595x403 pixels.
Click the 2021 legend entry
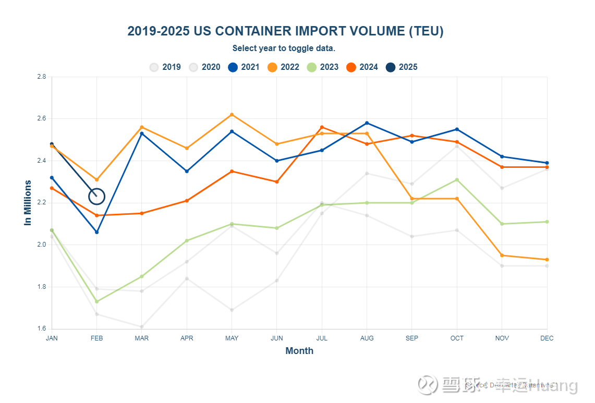click(244, 67)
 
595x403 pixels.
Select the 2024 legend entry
click(361, 67)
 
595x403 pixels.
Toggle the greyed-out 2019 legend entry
click(165, 67)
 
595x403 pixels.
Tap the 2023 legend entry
click(322, 67)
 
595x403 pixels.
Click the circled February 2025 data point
click(96, 197)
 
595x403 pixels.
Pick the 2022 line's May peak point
click(232, 115)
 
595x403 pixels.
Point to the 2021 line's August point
click(367, 123)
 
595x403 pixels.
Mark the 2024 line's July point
click(322, 127)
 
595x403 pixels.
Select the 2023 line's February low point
click(96, 301)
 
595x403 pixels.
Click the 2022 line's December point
click(547, 260)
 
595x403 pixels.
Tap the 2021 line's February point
click(96, 232)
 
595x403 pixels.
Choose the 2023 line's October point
click(457, 180)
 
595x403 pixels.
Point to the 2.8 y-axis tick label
click(42, 77)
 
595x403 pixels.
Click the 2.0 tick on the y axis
click(42, 245)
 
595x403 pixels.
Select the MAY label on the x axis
click(232, 338)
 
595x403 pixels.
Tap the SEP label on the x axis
click(412, 338)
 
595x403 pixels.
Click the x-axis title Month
click(299, 351)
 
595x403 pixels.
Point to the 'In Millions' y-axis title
click(28, 202)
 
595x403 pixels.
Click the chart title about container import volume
click(285, 31)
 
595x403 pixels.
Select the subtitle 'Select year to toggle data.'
click(284, 48)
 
